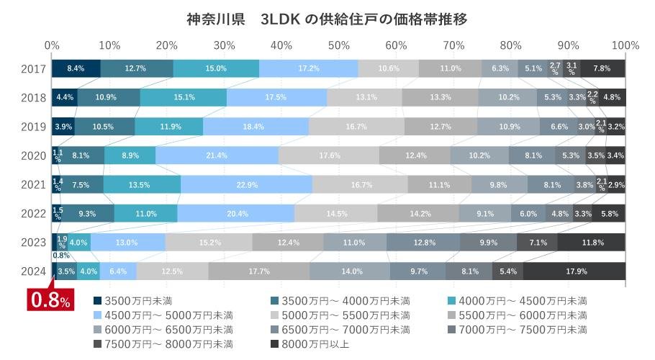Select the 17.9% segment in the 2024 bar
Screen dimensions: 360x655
(574, 271)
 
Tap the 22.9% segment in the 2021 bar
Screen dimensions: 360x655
(246, 184)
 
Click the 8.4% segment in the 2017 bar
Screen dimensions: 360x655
(76, 68)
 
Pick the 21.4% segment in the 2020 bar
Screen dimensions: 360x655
(217, 156)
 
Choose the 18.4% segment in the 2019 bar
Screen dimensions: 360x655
(256, 127)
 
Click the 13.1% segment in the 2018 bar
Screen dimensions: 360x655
(365, 97)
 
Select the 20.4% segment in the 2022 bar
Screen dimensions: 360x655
(236, 214)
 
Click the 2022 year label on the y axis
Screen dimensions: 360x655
(34, 214)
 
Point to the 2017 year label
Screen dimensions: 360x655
(34, 69)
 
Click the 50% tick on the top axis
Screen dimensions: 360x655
(339, 45)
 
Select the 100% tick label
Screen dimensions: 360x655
(625, 45)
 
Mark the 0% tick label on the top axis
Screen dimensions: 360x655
(52, 45)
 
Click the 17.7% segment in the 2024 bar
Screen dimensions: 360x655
(258, 271)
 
